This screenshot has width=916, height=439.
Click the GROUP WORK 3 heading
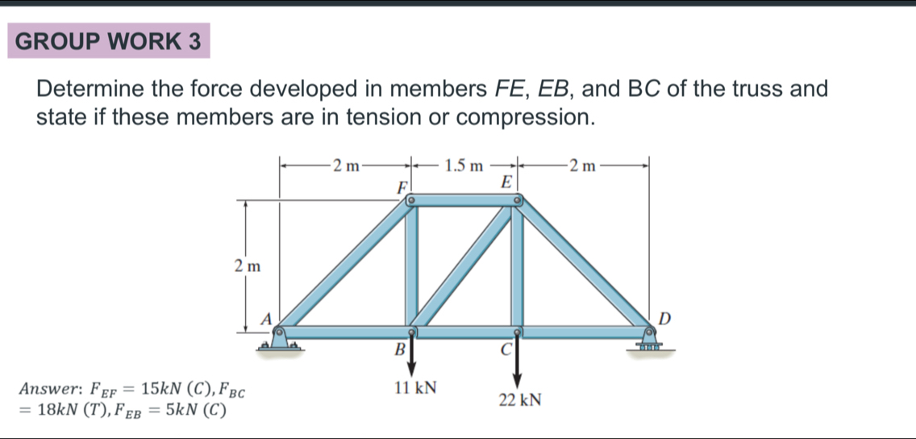pos(108,42)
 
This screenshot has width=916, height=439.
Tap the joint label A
pos(263,318)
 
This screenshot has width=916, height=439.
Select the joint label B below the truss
pos(397,350)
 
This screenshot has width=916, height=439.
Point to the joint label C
pos(506,350)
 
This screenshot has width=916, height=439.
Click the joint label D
pos(664,317)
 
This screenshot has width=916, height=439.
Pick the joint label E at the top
pos(506,182)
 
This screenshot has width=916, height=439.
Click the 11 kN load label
pos(415,388)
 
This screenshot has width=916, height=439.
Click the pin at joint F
pos(410,198)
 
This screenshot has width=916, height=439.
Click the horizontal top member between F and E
pos(464,200)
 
